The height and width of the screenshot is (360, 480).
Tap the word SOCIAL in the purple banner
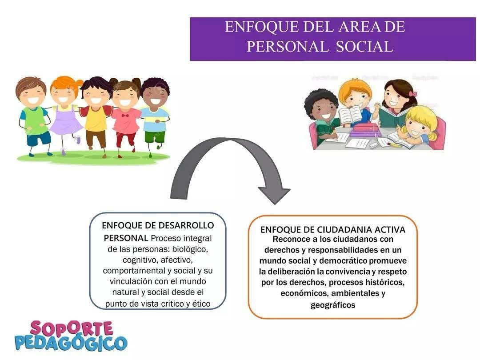coord(364,47)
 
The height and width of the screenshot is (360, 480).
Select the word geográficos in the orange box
coord(333,305)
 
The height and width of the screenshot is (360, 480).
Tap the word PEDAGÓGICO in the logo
coord(71,343)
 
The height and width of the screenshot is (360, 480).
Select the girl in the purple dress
coord(65,115)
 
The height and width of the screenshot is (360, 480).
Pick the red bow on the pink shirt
coord(125,116)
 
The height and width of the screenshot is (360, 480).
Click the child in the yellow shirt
coord(96,116)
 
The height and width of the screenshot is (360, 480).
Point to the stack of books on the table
coord(365,130)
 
